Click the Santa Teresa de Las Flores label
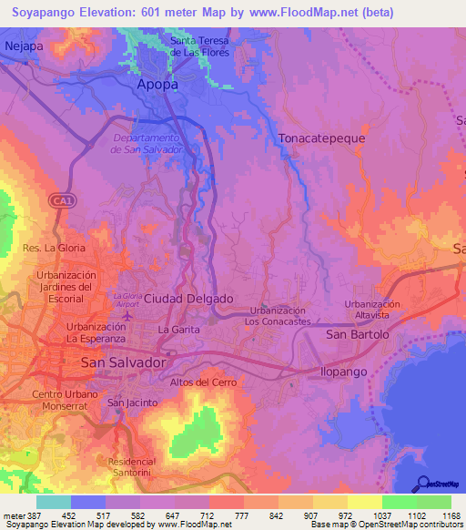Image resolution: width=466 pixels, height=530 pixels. click(202, 46)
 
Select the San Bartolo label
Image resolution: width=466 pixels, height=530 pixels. click(358, 334)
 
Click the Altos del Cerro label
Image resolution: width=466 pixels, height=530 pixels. click(203, 382)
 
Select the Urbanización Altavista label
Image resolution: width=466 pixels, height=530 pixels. click(372, 310)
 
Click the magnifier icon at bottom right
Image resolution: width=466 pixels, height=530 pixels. click(422, 484)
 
